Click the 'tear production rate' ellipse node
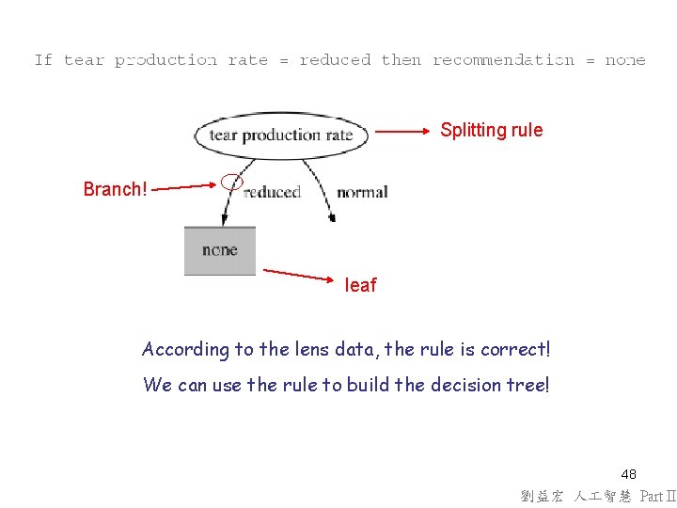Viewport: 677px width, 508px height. click(280, 135)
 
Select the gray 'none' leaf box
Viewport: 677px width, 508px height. click(220, 250)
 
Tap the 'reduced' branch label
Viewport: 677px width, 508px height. click(271, 192)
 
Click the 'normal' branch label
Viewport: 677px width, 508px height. click(362, 192)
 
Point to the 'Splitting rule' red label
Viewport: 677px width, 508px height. click(491, 130)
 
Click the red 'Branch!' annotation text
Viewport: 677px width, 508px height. click(115, 189)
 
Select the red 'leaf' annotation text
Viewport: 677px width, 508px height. click(360, 285)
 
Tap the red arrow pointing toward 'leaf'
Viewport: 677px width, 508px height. click(298, 275)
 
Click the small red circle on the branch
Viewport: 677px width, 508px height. click(231, 181)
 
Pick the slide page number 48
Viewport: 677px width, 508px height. click(628, 474)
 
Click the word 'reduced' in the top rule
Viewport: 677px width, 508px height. click(335, 60)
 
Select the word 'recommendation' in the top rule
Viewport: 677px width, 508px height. click(503, 60)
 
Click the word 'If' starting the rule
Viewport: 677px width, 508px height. click(43, 60)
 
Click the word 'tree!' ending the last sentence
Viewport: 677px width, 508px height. click(528, 384)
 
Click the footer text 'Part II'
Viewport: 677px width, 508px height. click(657, 497)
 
